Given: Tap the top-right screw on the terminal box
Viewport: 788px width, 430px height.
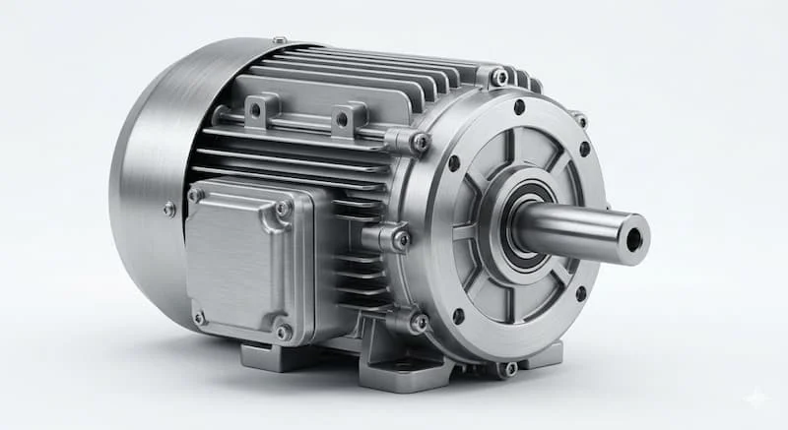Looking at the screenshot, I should (x=284, y=208).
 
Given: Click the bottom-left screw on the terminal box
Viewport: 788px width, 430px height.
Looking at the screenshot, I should (x=199, y=317).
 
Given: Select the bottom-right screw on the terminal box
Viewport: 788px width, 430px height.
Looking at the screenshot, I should (x=283, y=332).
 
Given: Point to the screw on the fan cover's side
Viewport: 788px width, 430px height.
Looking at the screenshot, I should (x=169, y=209).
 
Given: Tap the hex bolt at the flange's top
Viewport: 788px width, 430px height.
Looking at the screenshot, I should (x=499, y=77).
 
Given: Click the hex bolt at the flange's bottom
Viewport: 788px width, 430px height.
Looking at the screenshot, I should (x=508, y=369).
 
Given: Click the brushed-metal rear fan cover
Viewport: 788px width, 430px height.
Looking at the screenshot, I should (x=148, y=177).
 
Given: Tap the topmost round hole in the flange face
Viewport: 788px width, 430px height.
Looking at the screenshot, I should (x=519, y=106).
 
